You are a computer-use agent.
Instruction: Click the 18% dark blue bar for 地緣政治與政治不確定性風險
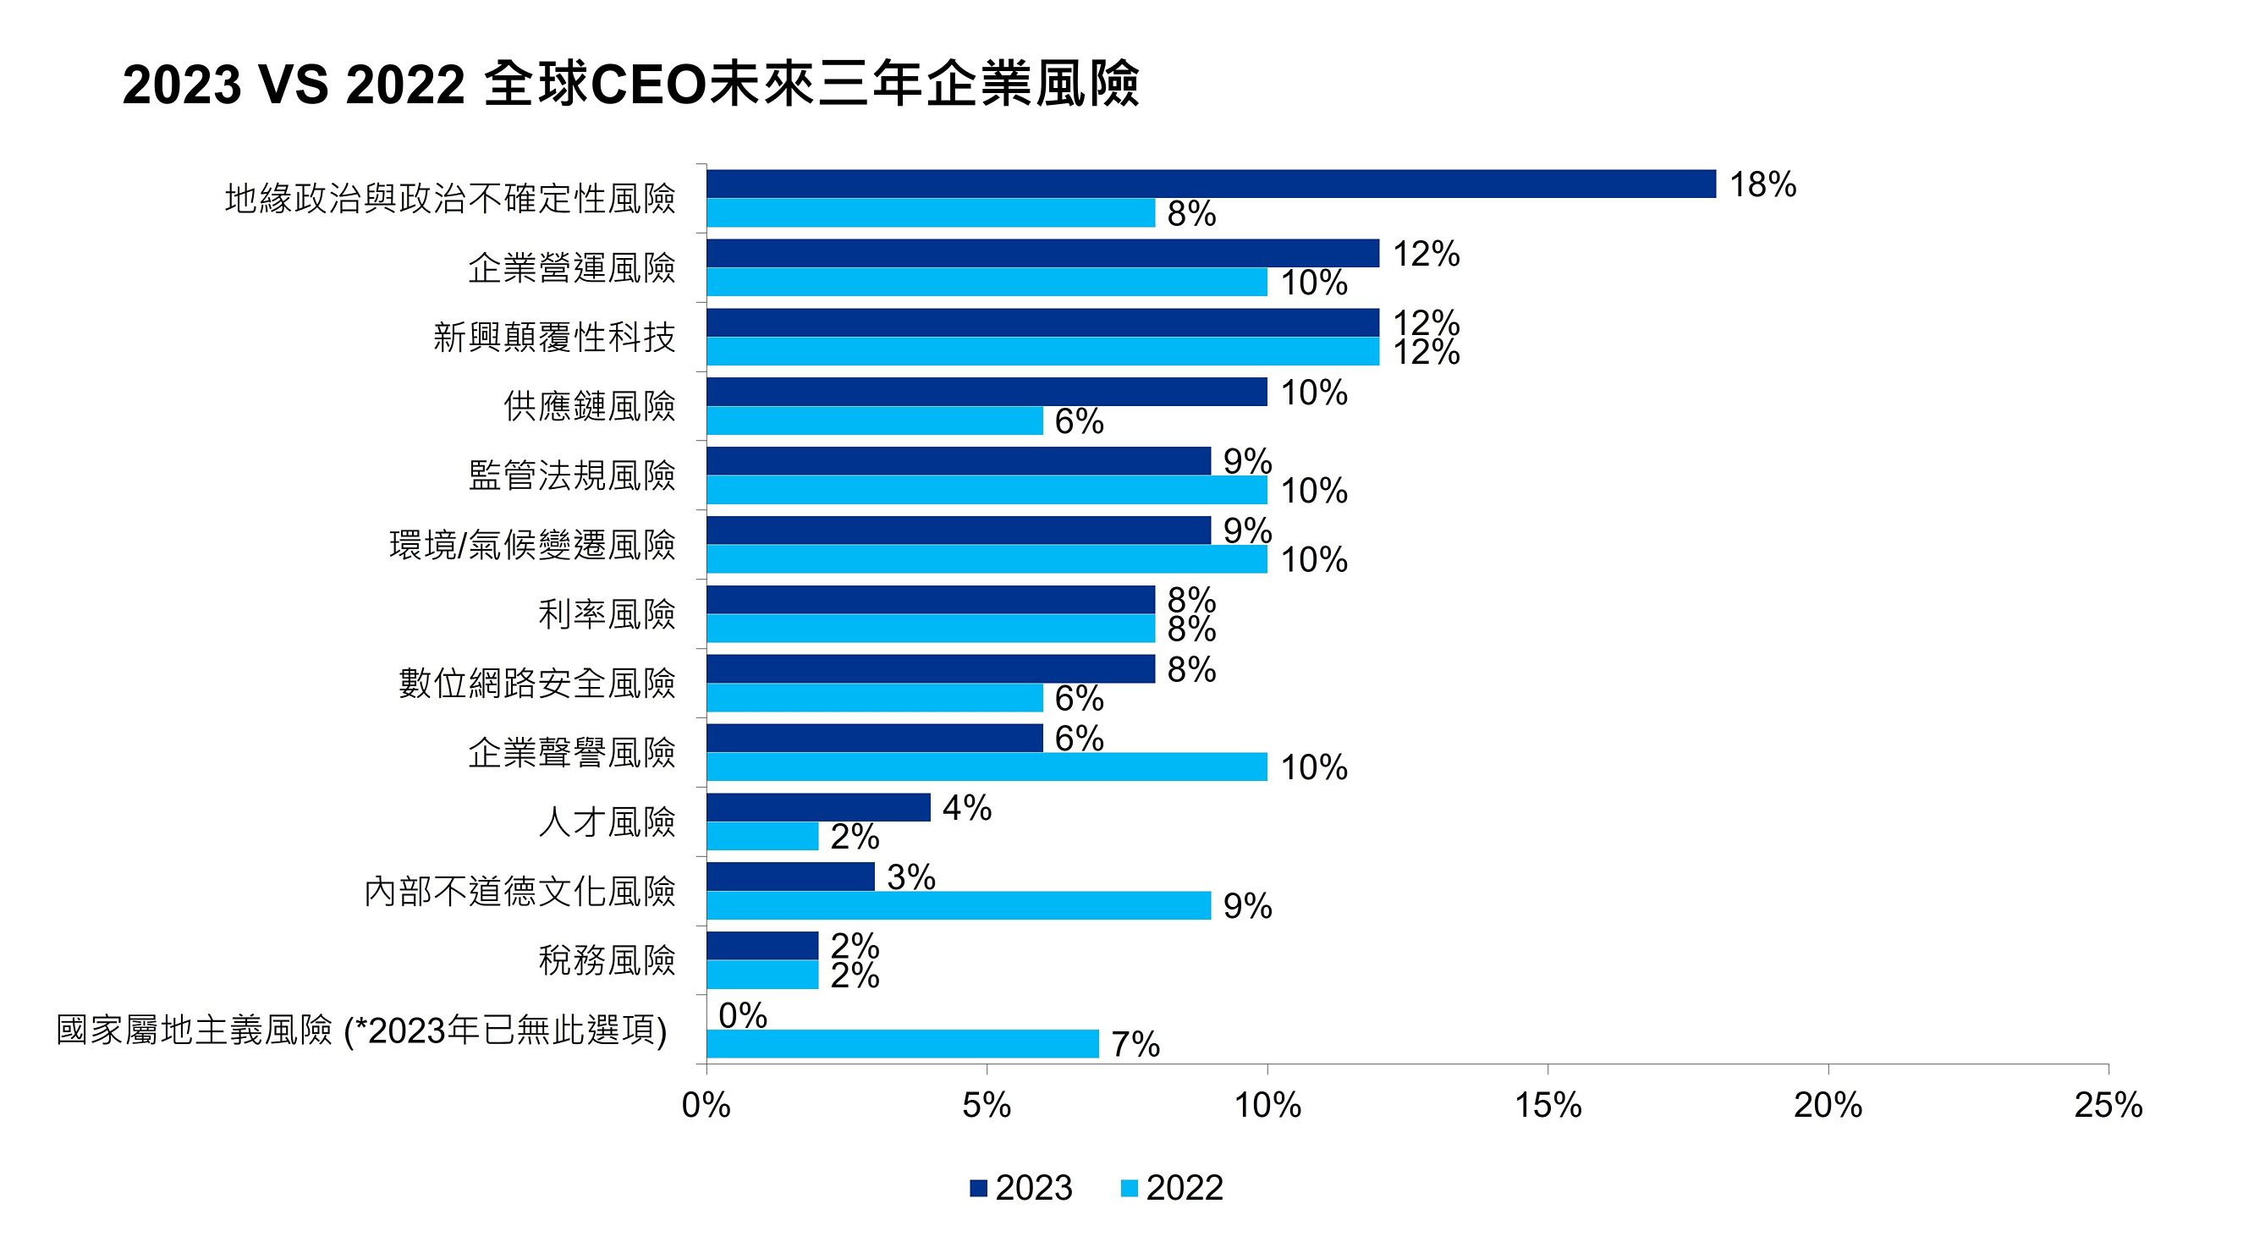click(x=1210, y=184)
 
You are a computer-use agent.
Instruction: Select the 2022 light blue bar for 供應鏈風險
click(x=874, y=420)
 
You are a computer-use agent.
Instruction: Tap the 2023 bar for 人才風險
click(x=817, y=807)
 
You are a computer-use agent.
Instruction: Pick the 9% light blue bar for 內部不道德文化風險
click(x=958, y=906)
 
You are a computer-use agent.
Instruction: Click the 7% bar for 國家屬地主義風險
click(x=902, y=1043)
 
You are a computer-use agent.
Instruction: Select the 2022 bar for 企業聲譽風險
click(x=987, y=767)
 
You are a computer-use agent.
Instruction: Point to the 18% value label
click(x=1762, y=184)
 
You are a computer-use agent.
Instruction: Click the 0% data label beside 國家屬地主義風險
click(x=743, y=1015)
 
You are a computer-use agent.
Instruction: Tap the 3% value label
click(x=910, y=877)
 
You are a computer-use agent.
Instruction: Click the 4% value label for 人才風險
click(x=966, y=808)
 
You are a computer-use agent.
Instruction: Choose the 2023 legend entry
click(x=1021, y=1188)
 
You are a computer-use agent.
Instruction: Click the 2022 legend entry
click(x=1172, y=1188)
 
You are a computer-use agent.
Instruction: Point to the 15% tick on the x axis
click(x=1548, y=1105)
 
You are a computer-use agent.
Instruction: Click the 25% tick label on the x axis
click(x=2108, y=1105)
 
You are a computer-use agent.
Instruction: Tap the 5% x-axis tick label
click(x=987, y=1105)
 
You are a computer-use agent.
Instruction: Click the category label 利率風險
click(x=606, y=614)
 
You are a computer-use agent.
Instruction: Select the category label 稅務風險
click(x=606, y=959)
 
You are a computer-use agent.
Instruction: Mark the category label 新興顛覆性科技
click(x=554, y=337)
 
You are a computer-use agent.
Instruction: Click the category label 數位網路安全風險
click(x=536, y=683)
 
